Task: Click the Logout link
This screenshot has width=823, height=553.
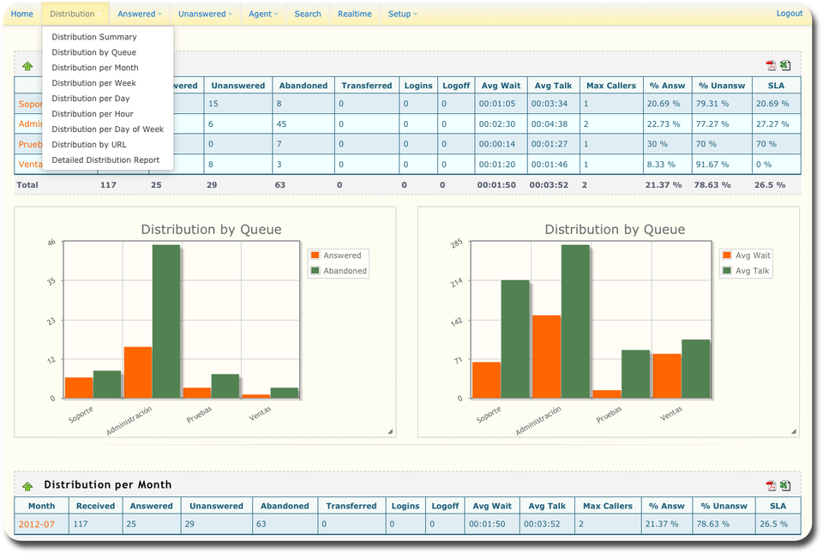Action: pos(790,14)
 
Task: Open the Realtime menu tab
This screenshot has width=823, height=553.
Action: pos(354,15)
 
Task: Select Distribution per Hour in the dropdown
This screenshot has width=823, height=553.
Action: pos(93,114)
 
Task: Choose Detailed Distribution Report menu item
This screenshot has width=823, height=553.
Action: pos(105,160)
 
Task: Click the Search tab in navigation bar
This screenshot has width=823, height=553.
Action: pos(308,15)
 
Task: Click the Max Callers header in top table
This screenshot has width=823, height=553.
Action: pos(611,86)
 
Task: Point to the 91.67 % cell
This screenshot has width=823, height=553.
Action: pos(712,165)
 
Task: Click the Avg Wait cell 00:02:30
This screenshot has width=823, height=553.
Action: pos(496,124)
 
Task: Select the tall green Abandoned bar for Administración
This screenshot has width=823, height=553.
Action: pos(166,322)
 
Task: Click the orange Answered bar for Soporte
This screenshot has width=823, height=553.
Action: pos(79,388)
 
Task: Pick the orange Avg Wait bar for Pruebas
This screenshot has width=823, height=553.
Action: pos(607,394)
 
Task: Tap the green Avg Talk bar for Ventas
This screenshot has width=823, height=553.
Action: pos(696,369)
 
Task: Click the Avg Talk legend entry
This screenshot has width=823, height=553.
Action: pos(746,271)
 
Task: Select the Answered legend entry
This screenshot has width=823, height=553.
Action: pos(336,255)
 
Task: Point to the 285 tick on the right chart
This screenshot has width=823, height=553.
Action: pos(456,243)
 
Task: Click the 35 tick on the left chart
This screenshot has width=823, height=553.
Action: pos(51,281)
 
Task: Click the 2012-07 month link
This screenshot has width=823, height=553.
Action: pos(36,524)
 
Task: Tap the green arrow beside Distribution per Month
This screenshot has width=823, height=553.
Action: pos(27,486)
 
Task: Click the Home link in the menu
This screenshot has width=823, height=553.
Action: pos(22,15)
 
